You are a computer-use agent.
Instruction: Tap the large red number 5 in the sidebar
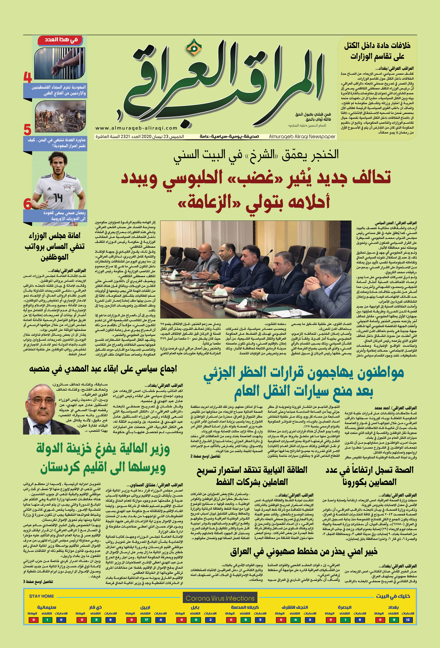point(27,130)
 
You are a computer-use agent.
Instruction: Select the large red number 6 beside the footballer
point(27,204)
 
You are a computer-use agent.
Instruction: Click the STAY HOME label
point(42,596)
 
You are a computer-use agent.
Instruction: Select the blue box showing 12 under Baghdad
point(408,620)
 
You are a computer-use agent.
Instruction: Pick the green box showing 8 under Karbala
point(245,620)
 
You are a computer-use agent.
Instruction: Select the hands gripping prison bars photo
point(60,63)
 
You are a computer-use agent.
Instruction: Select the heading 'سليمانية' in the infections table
point(47,607)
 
